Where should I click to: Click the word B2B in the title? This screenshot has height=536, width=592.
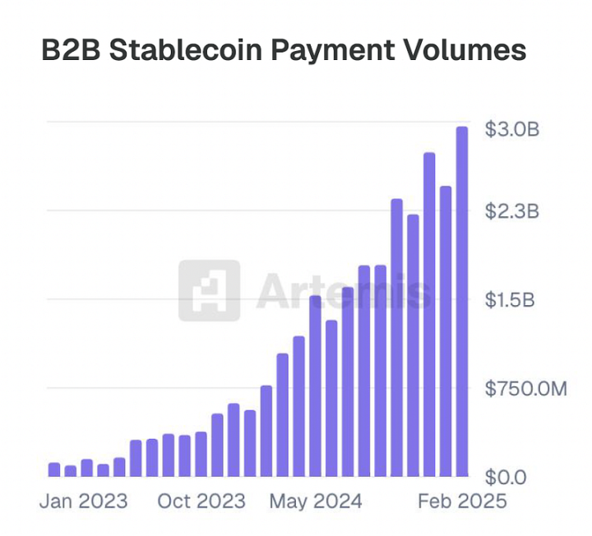pyautogui.click(x=70, y=50)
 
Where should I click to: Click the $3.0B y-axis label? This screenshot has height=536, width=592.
pyautogui.click(x=511, y=130)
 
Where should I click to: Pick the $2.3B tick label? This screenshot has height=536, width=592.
pyautogui.click(x=511, y=212)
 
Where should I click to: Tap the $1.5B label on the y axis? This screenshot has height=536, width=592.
pyautogui.click(x=511, y=300)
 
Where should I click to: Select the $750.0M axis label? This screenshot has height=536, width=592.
pyautogui.click(x=525, y=388)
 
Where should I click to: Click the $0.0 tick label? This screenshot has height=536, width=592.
pyautogui.click(x=504, y=477)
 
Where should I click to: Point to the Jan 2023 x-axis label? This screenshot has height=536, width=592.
pyautogui.click(x=84, y=501)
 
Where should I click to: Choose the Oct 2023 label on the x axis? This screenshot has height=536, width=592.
pyautogui.click(x=201, y=501)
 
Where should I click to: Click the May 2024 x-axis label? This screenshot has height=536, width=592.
pyautogui.click(x=315, y=501)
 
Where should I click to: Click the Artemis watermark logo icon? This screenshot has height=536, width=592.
pyautogui.click(x=209, y=290)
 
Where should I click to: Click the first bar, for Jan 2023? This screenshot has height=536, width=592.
pyautogui.click(x=54, y=469)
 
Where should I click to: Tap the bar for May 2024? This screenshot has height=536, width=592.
pyautogui.click(x=315, y=386)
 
